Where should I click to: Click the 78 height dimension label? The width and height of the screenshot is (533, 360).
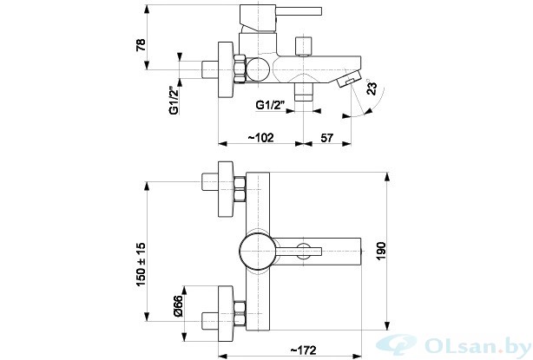(x=141, y=45)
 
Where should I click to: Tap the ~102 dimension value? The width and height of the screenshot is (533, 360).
(x=260, y=138)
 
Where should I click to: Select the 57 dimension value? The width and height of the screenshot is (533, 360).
(x=327, y=138)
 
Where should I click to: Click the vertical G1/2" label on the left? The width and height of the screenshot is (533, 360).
(x=174, y=101)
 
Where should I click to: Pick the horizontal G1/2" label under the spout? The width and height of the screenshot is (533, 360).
(x=270, y=105)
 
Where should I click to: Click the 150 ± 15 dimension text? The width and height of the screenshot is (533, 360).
(x=141, y=265)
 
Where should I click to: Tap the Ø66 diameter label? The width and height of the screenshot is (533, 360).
(x=178, y=306)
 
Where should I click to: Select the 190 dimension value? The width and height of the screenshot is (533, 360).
(x=381, y=252)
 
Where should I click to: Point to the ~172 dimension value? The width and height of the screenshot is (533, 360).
(x=303, y=350)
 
